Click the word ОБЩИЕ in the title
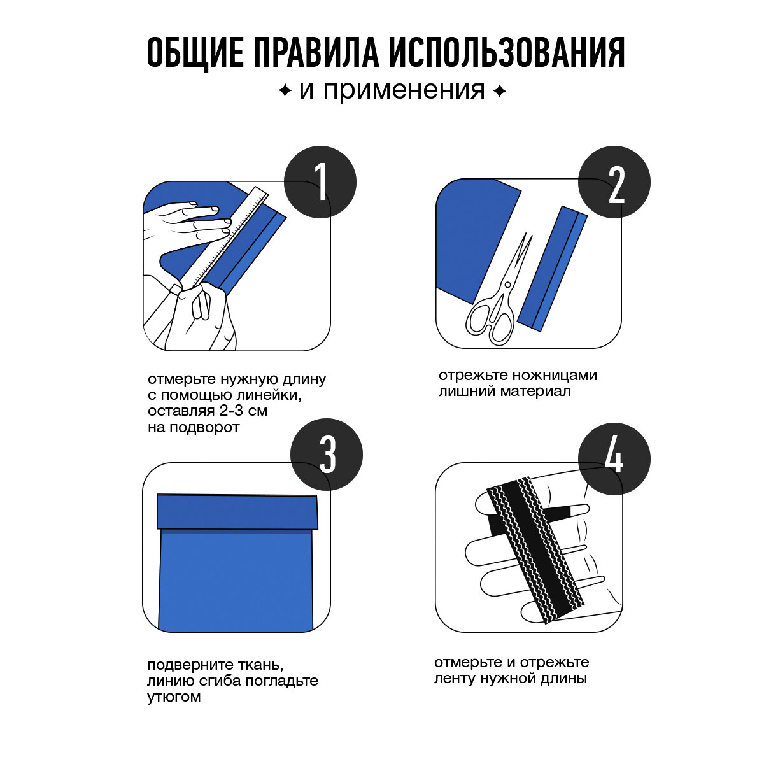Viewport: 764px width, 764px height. pos(195,53)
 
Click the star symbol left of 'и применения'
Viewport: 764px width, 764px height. pos(285,92)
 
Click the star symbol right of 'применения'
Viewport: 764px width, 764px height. pos(499,92)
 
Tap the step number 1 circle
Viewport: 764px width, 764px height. pos(320,182)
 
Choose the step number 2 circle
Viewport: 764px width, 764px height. pos(614,182)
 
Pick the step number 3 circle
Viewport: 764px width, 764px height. pos(327,455)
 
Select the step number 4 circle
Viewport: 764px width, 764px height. pos(614,458)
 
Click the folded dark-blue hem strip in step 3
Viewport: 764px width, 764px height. pos(237,511)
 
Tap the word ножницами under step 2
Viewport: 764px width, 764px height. pos(555,375)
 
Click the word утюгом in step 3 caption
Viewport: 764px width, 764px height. pos(174,697)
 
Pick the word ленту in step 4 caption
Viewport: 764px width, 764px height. pos(455,678)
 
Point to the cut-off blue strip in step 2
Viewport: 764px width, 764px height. pos(552,269)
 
